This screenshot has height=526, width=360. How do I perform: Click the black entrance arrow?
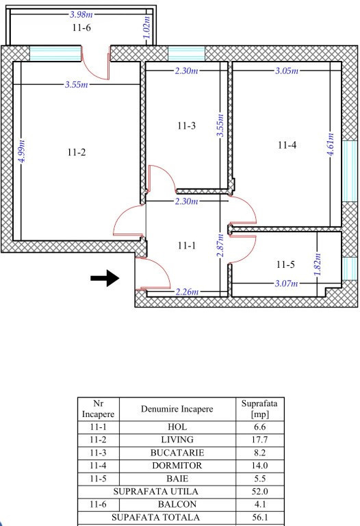click(x=105, y=278)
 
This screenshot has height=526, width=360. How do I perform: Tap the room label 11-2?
click(x=76, y=153)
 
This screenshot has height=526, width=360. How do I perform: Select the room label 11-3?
click(x=185, y=125)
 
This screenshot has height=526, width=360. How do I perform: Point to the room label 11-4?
click(x=287, y=145)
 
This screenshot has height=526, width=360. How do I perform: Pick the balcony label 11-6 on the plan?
click(x=81, y=28)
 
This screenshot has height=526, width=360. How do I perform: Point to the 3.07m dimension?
click(x=286, y=284)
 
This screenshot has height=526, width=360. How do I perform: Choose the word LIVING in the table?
click(x=177, y=439)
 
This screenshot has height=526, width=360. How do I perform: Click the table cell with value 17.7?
click(x=259, y=439)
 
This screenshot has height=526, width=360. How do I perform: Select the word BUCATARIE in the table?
click(x=177, y=453)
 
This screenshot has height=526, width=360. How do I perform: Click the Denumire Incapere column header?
click(x=177, y=409)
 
